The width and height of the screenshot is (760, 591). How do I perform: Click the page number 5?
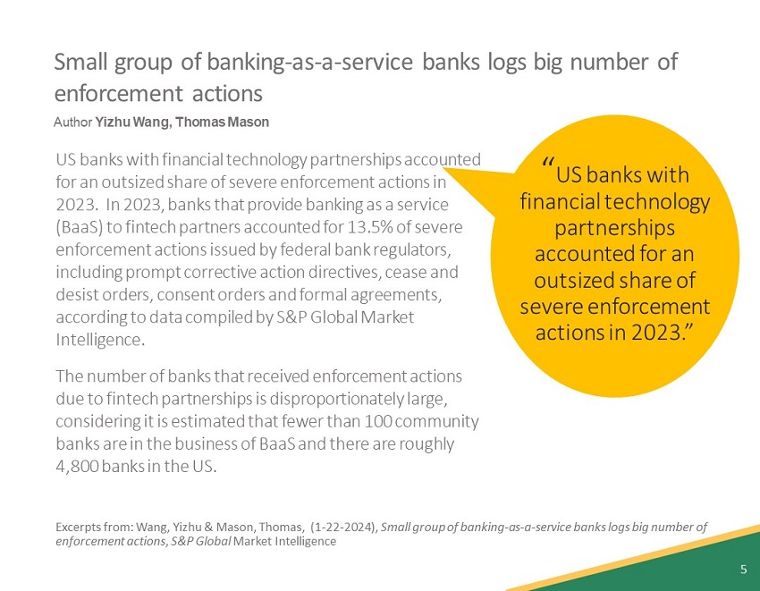point(743,570)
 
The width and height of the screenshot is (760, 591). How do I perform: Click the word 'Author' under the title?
point(73,122)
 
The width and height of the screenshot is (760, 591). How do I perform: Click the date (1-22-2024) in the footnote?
point(343,527)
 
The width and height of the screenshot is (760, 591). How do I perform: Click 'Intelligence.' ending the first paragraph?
point(100,341)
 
